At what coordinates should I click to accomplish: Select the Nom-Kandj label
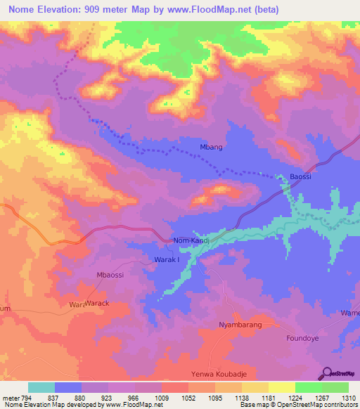pos(192,240)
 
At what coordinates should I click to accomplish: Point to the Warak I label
pos(167,260)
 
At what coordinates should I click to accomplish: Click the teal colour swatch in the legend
pos(41,387)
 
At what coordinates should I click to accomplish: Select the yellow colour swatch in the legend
pos(281,387)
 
